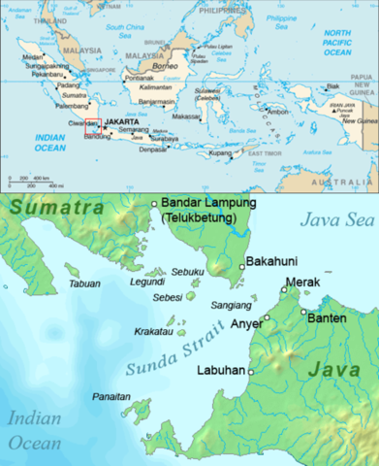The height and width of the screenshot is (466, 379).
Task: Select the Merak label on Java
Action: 302,283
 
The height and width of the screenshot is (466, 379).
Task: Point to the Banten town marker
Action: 303,313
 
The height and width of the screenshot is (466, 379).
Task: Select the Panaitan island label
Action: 111,397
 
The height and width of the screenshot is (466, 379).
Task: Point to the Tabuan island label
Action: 84,284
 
